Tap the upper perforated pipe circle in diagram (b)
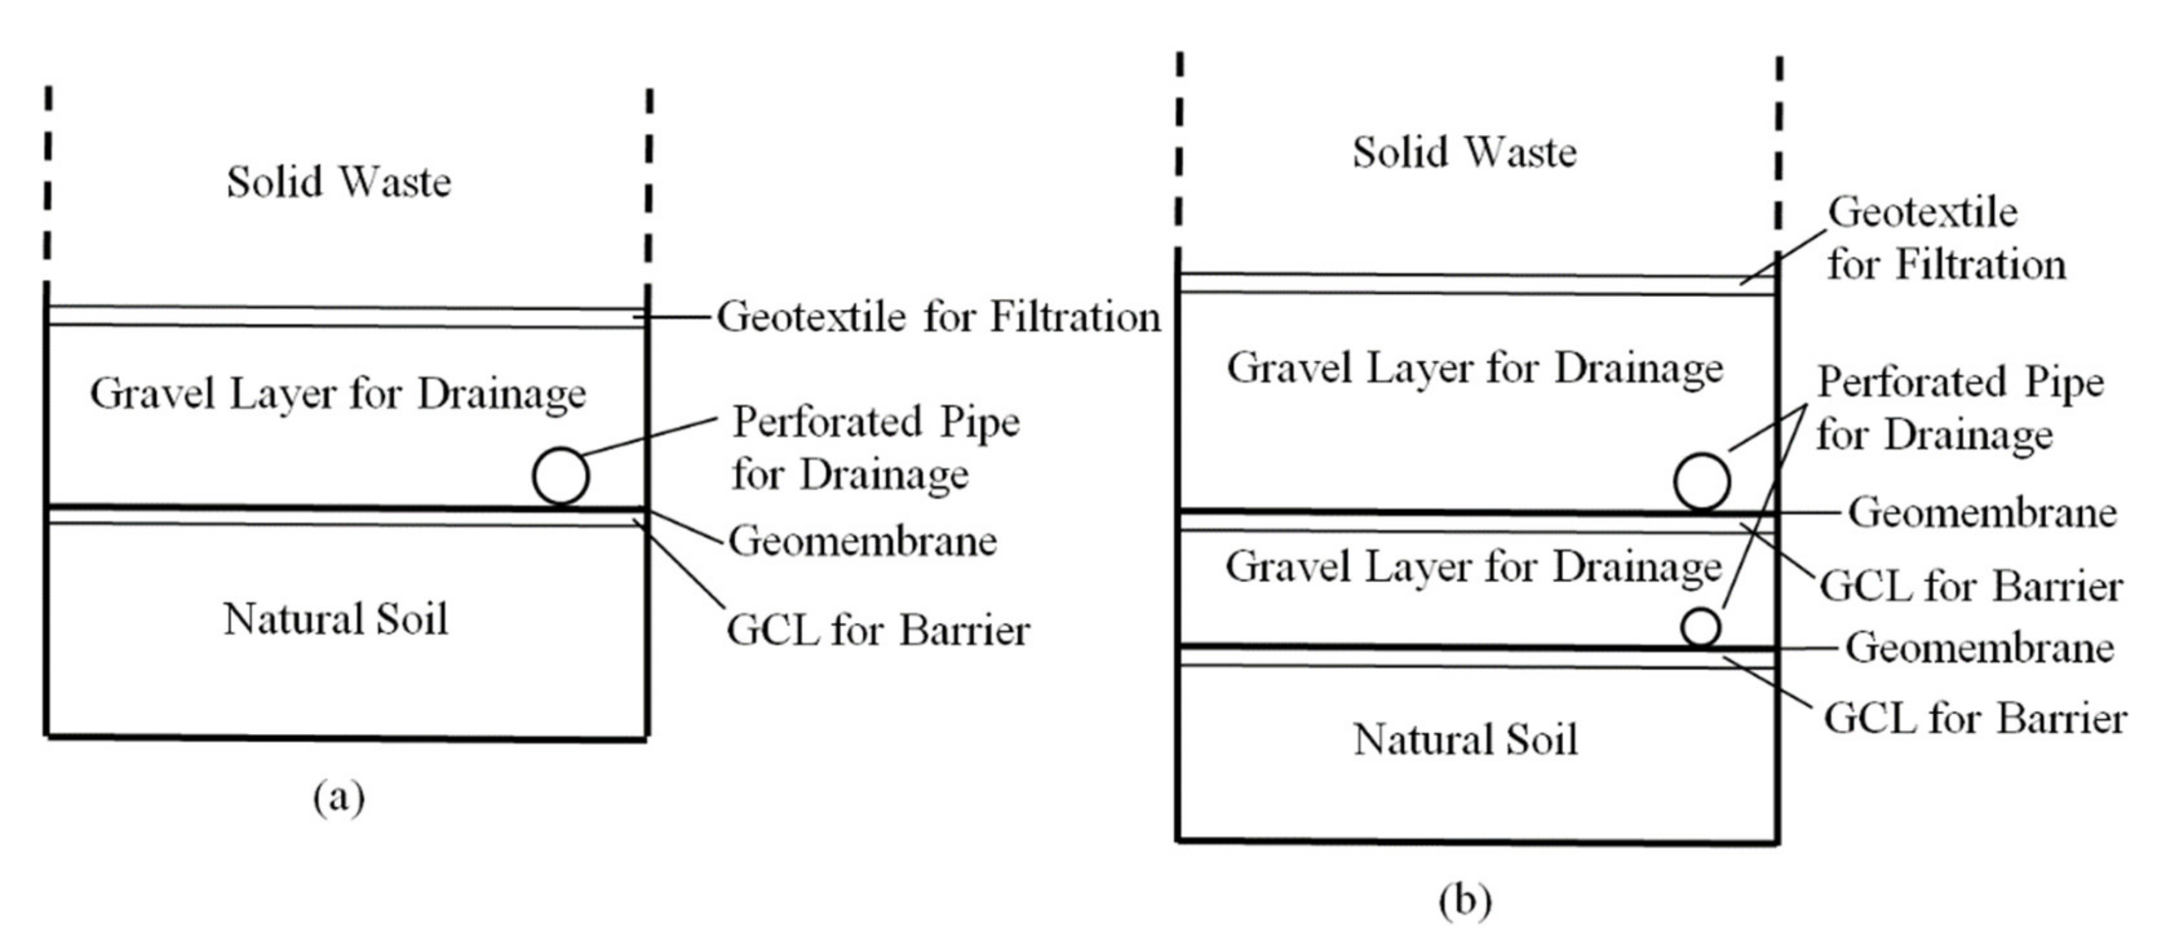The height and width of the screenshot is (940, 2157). [x=1702, y=482]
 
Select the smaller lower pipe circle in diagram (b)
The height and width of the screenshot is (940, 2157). [x=1700, y=628]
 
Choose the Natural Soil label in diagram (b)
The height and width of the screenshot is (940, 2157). [x=1465, y=740]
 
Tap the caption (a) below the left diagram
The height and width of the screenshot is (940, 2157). [x=338, y=797]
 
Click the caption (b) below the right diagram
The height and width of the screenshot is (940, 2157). [x=1465, y=901]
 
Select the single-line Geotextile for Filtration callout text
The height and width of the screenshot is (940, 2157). [x=938, y=317]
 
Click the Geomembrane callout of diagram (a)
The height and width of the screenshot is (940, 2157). [x=862, y=542]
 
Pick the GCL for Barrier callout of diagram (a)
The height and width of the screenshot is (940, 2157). [x=878, y=630]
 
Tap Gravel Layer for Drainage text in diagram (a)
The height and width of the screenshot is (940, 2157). [x=338, y=393]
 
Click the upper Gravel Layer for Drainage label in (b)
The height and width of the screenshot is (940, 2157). [x=1474, y=368]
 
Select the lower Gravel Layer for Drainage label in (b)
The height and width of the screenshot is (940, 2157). [x=1473, y=567]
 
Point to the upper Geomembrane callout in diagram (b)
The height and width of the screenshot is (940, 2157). [x=1981, y=512]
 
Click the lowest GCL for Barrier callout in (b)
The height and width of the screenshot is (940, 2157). [x=1974, y=718]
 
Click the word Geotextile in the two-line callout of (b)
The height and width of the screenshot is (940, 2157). [x=1922, y=212]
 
